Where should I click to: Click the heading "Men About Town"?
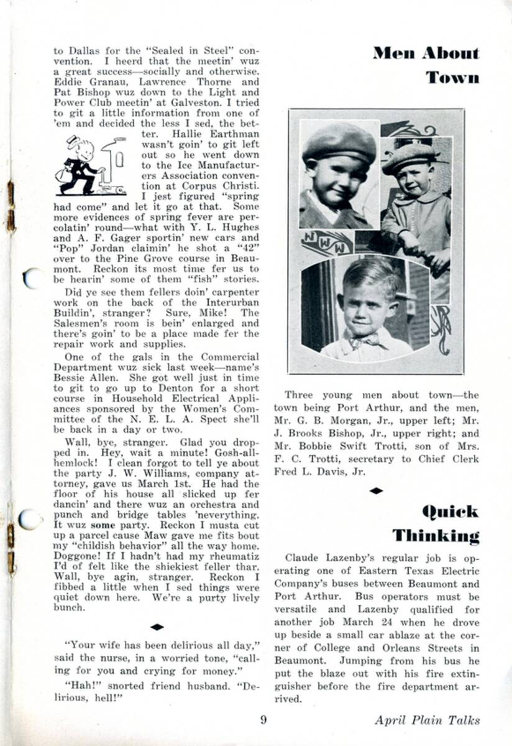(x=426, y=65)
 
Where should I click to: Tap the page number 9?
(x=263, y=720)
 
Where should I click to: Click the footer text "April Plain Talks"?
(x=427, y=720)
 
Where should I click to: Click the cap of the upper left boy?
(x=339, y=144)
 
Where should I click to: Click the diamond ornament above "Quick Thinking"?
(x=376, y=490)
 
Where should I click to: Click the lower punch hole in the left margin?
(x=29, y=519)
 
